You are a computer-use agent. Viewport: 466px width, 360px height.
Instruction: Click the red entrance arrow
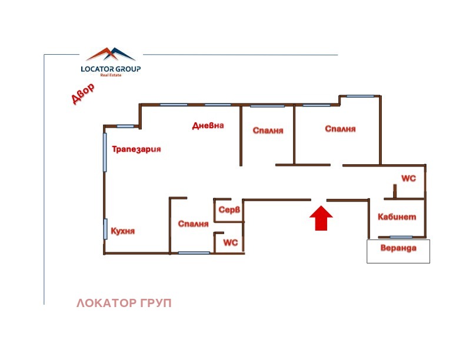[x=321, y=218]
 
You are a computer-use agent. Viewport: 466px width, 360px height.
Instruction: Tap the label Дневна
[x=208, y=125]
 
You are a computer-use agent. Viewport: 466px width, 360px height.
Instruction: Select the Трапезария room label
[x=137, y=149]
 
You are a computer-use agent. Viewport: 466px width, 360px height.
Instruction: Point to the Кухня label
[x=123, y=231]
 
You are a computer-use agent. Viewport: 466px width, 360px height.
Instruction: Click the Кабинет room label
[x=397, y=216]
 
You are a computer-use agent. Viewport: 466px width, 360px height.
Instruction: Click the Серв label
[x=228, y=210]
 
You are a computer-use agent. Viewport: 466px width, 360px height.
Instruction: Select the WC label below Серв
[x=230, y=242]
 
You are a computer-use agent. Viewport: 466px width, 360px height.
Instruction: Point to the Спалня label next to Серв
[x=194, y=224]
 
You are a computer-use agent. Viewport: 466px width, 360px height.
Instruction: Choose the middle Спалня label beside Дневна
[x=268, y=131]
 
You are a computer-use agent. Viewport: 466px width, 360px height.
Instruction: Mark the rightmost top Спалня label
[x=340, y=129]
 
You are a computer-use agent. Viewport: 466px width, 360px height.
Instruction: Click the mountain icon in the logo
[x=111, y=55]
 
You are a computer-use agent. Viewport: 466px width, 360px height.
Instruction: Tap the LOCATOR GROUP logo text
[x=111, y=68]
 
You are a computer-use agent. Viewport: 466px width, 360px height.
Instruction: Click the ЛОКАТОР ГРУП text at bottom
[x=124, y=304]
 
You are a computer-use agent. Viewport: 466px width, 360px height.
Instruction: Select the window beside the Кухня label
[x=106, y=229]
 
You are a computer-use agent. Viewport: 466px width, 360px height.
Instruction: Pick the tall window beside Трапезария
[x=105, y=152]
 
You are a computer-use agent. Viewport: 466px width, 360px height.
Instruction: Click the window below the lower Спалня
[x=194, y=253]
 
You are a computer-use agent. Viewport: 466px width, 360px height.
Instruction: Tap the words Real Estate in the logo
[x=111, y=75]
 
